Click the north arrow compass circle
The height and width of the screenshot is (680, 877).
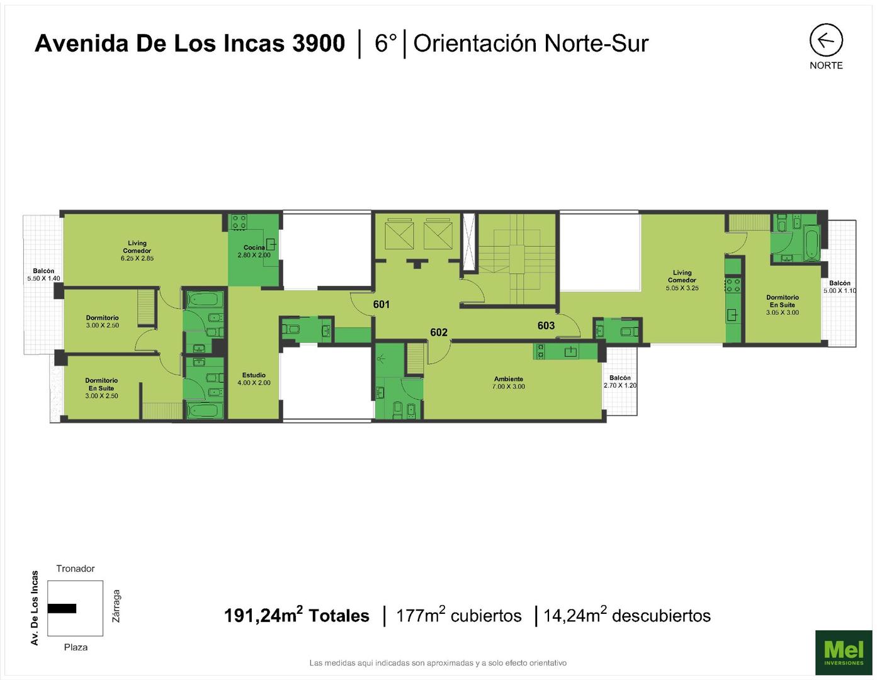pos(826,24)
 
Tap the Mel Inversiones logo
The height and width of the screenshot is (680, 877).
pos(843,652)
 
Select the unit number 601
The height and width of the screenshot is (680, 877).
pos(381,304)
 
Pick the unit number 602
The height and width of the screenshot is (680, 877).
pos(439,332)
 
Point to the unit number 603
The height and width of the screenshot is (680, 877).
pos(546,326)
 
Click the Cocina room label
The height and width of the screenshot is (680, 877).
pos(254,251)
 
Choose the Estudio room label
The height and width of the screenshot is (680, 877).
pos(254,378)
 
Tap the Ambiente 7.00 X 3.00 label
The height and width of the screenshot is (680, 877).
pos(509,383)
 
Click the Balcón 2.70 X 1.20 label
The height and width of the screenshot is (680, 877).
pos(620,382)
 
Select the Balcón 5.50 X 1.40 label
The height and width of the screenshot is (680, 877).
pos(43,275)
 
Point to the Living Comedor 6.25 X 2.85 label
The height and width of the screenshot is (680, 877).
pos(137,251)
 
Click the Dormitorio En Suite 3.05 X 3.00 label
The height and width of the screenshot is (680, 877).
pos(782,305)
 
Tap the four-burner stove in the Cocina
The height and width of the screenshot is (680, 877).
pos(239,222)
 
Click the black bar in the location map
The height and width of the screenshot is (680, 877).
pos(62,608)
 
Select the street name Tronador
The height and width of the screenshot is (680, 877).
pos(76,568)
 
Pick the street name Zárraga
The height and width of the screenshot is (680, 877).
pos(116,606)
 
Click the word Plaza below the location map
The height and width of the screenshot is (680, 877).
pos(76,647)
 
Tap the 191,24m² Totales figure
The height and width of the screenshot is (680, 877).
pos(297,615)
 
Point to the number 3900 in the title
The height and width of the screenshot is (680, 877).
pos(319,43)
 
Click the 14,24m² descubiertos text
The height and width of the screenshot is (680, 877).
pos(627,615)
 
